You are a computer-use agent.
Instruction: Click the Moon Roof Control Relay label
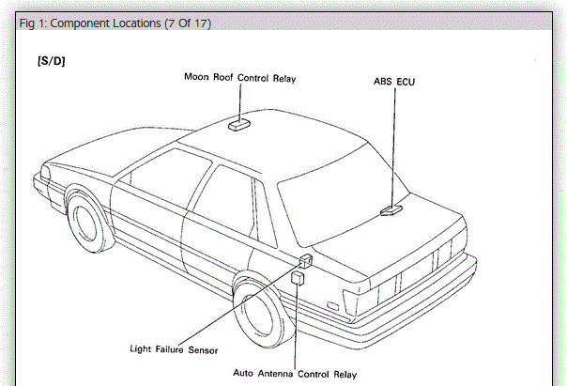(x=238, y=79)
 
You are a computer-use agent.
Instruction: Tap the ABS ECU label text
(x=394, y=83)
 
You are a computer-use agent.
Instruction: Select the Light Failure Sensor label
(x=174, y=349)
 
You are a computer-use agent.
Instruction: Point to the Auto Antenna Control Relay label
(x=295, y=375)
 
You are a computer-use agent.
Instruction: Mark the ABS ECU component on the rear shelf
(x=392, y=211)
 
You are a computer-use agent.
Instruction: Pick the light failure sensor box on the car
(x=305, y=262)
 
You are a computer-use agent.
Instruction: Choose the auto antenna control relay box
(x=297, y=279)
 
